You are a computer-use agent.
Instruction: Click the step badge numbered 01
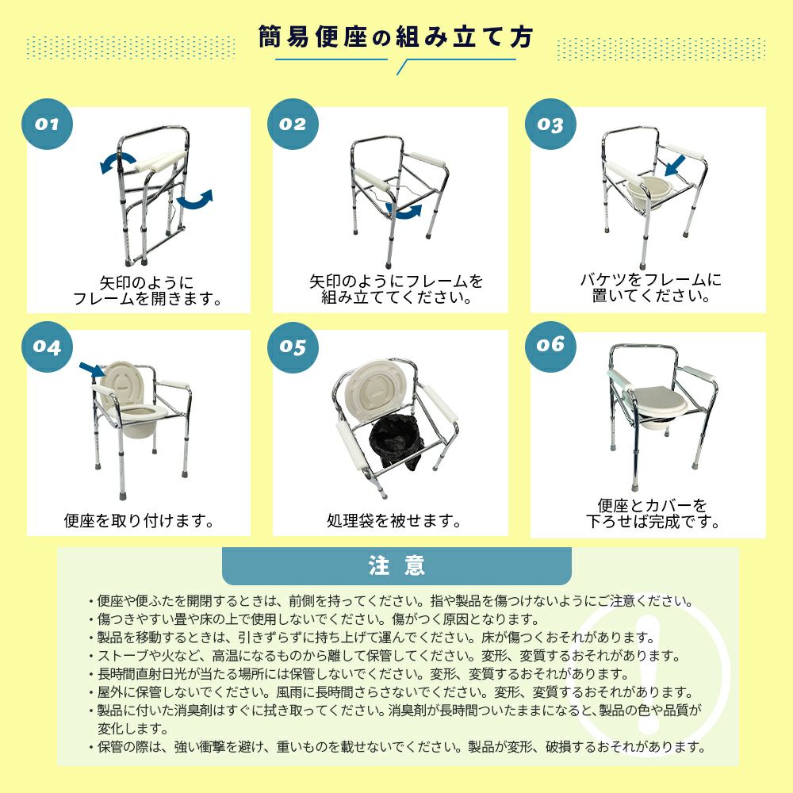(x=47, y=124)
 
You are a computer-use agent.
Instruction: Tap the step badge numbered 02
(x=293, y=124)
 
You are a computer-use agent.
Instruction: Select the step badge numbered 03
(x=550, y=124)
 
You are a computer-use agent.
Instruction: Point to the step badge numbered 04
(x=47, y=347)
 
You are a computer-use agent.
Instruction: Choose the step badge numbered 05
(x=293, y=347)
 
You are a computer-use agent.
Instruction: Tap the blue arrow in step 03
(x=675, y=166)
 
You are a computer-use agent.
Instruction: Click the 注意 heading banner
(x=396, y=566)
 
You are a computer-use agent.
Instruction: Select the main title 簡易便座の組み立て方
(x=396, y=37)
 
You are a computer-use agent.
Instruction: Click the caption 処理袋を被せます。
(x=393, y=520)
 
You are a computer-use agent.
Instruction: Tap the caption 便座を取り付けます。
(x=139, y=520)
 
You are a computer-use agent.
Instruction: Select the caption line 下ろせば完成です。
(x=653, y=522)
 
